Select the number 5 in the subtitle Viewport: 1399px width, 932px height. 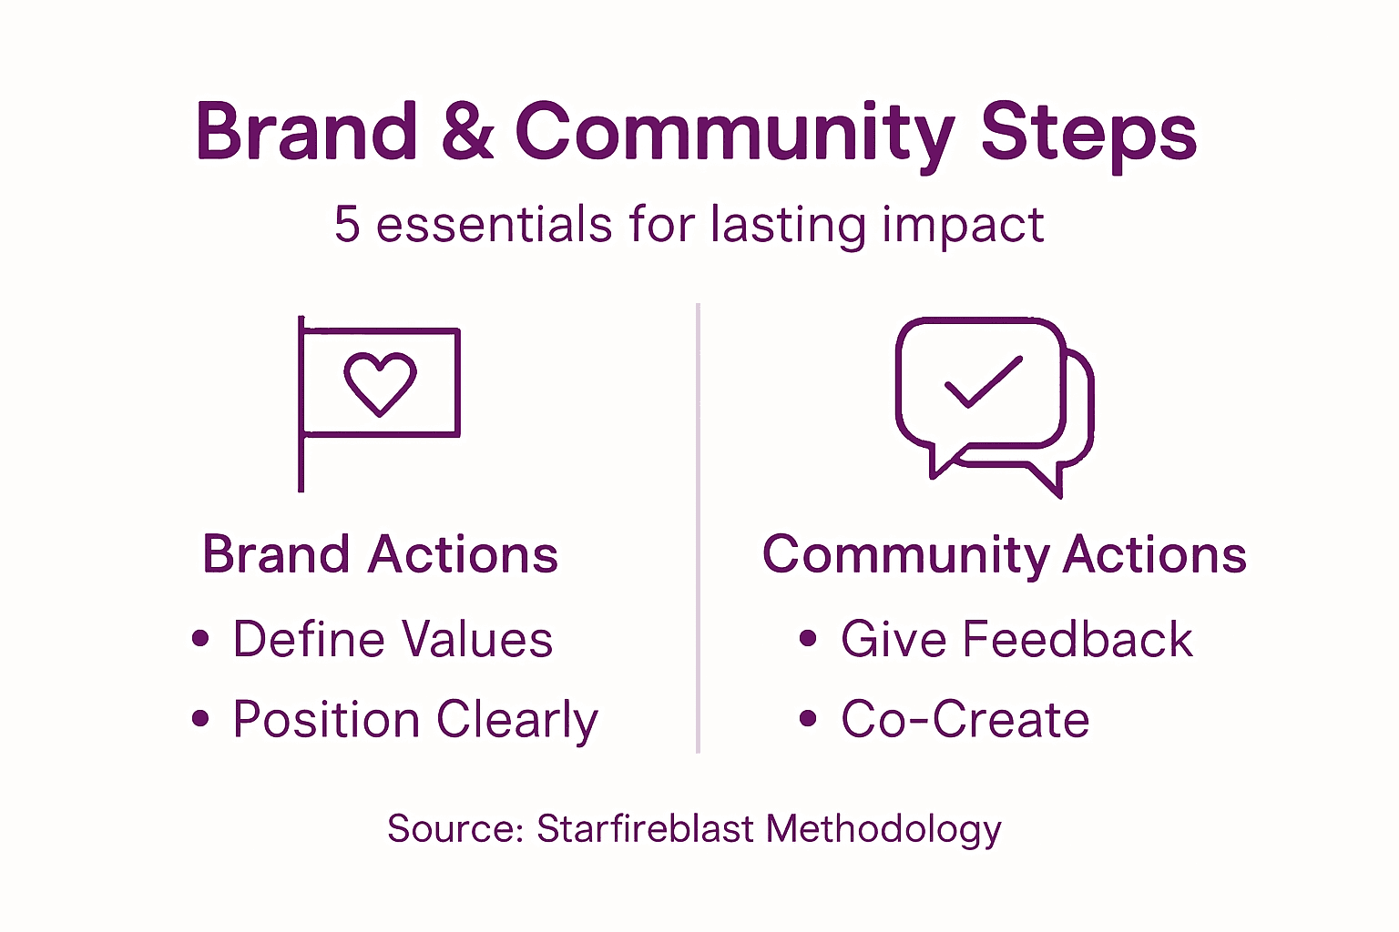[x=347, y=225]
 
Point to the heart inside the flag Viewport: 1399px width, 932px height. [x=380, y=382]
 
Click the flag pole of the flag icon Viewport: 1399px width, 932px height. [x=301, y=455]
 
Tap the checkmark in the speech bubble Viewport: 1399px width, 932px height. [x=984, y=382]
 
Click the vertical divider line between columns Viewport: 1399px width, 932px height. [x=698, y=528]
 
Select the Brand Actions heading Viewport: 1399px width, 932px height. [x=380, y=554]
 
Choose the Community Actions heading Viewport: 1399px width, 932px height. [x=1004, y=554]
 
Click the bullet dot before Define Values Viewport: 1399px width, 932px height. [x=200, y=638]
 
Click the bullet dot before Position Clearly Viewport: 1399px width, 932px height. [x=200, y=719]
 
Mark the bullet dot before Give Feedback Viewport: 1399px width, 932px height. [x=808, y=638]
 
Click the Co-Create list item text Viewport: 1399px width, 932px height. [x=965, y=720]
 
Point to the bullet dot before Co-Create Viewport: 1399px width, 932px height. [x=808, y=719]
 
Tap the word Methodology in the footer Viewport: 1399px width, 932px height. [x=883, y=830]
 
